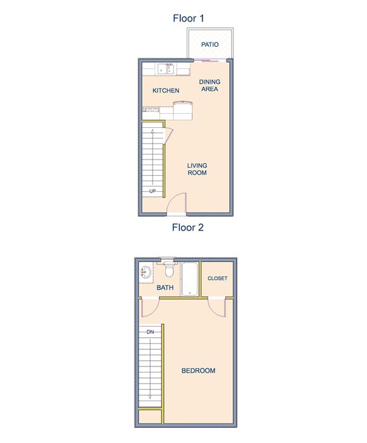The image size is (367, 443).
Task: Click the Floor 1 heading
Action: click(189, 18)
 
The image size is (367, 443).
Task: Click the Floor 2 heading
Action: click(188, 228)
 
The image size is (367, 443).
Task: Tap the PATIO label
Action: click(210, 45)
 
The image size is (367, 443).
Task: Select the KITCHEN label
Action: click(166, 90)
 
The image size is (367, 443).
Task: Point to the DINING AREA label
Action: click(209, 85)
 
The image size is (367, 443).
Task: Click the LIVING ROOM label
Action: click(197, 169)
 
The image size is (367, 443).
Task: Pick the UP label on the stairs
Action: click(152, 191)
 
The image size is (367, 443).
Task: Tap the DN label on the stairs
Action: click(150, 332)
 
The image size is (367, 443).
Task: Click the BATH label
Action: click(165, 288)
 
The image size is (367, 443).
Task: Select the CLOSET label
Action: click(217, 278)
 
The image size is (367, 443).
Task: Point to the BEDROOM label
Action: click(198, 371)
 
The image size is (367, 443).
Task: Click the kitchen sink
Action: click(166, 68)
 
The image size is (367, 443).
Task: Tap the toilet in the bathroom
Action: click(168, 271)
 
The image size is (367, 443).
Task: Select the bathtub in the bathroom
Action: click(190, 279)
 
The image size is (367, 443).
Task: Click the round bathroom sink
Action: click(146, 273)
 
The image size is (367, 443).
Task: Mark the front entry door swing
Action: click(177, 204)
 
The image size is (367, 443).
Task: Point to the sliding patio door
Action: click(211, 60)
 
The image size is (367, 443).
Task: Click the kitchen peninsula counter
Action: click(183, 112)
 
